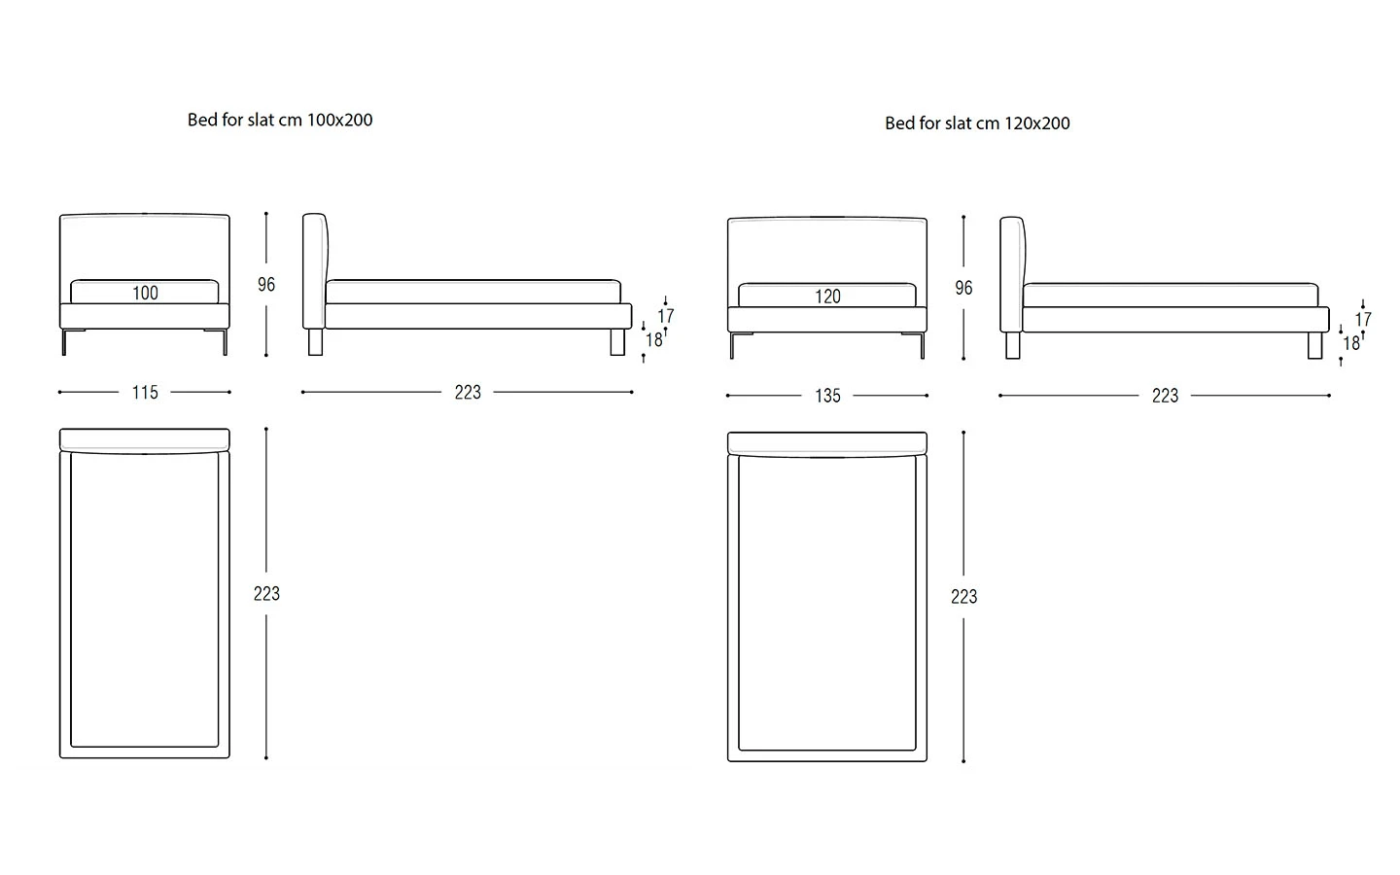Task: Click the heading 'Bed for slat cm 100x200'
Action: tap(280, 120)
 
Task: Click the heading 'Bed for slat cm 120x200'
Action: tap(977, 123)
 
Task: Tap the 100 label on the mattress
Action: tap(145, 293)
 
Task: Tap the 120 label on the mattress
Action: tap(827, 297)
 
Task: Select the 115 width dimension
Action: tap(145, 393)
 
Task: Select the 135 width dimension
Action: tap(827, 396)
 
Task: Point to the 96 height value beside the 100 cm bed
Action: tap(266, 285)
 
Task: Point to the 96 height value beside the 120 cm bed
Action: tap(963, 288)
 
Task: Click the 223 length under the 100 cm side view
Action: tap(468, 393)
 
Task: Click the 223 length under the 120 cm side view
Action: tap(1165, 396)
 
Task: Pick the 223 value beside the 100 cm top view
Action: tap(266, 593)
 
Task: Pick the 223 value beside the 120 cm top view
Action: tap(963, 596)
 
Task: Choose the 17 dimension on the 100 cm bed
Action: tap(666, 316)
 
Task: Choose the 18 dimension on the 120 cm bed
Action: tap(1351, 343)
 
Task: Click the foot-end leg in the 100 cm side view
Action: tap(617, 342)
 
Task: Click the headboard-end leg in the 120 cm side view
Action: tap(1013, 346)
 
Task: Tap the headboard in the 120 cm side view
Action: tap(1011, 274)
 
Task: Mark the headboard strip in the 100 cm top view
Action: tap(145, 439)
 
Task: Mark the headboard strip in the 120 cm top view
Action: tap(827, 443)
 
